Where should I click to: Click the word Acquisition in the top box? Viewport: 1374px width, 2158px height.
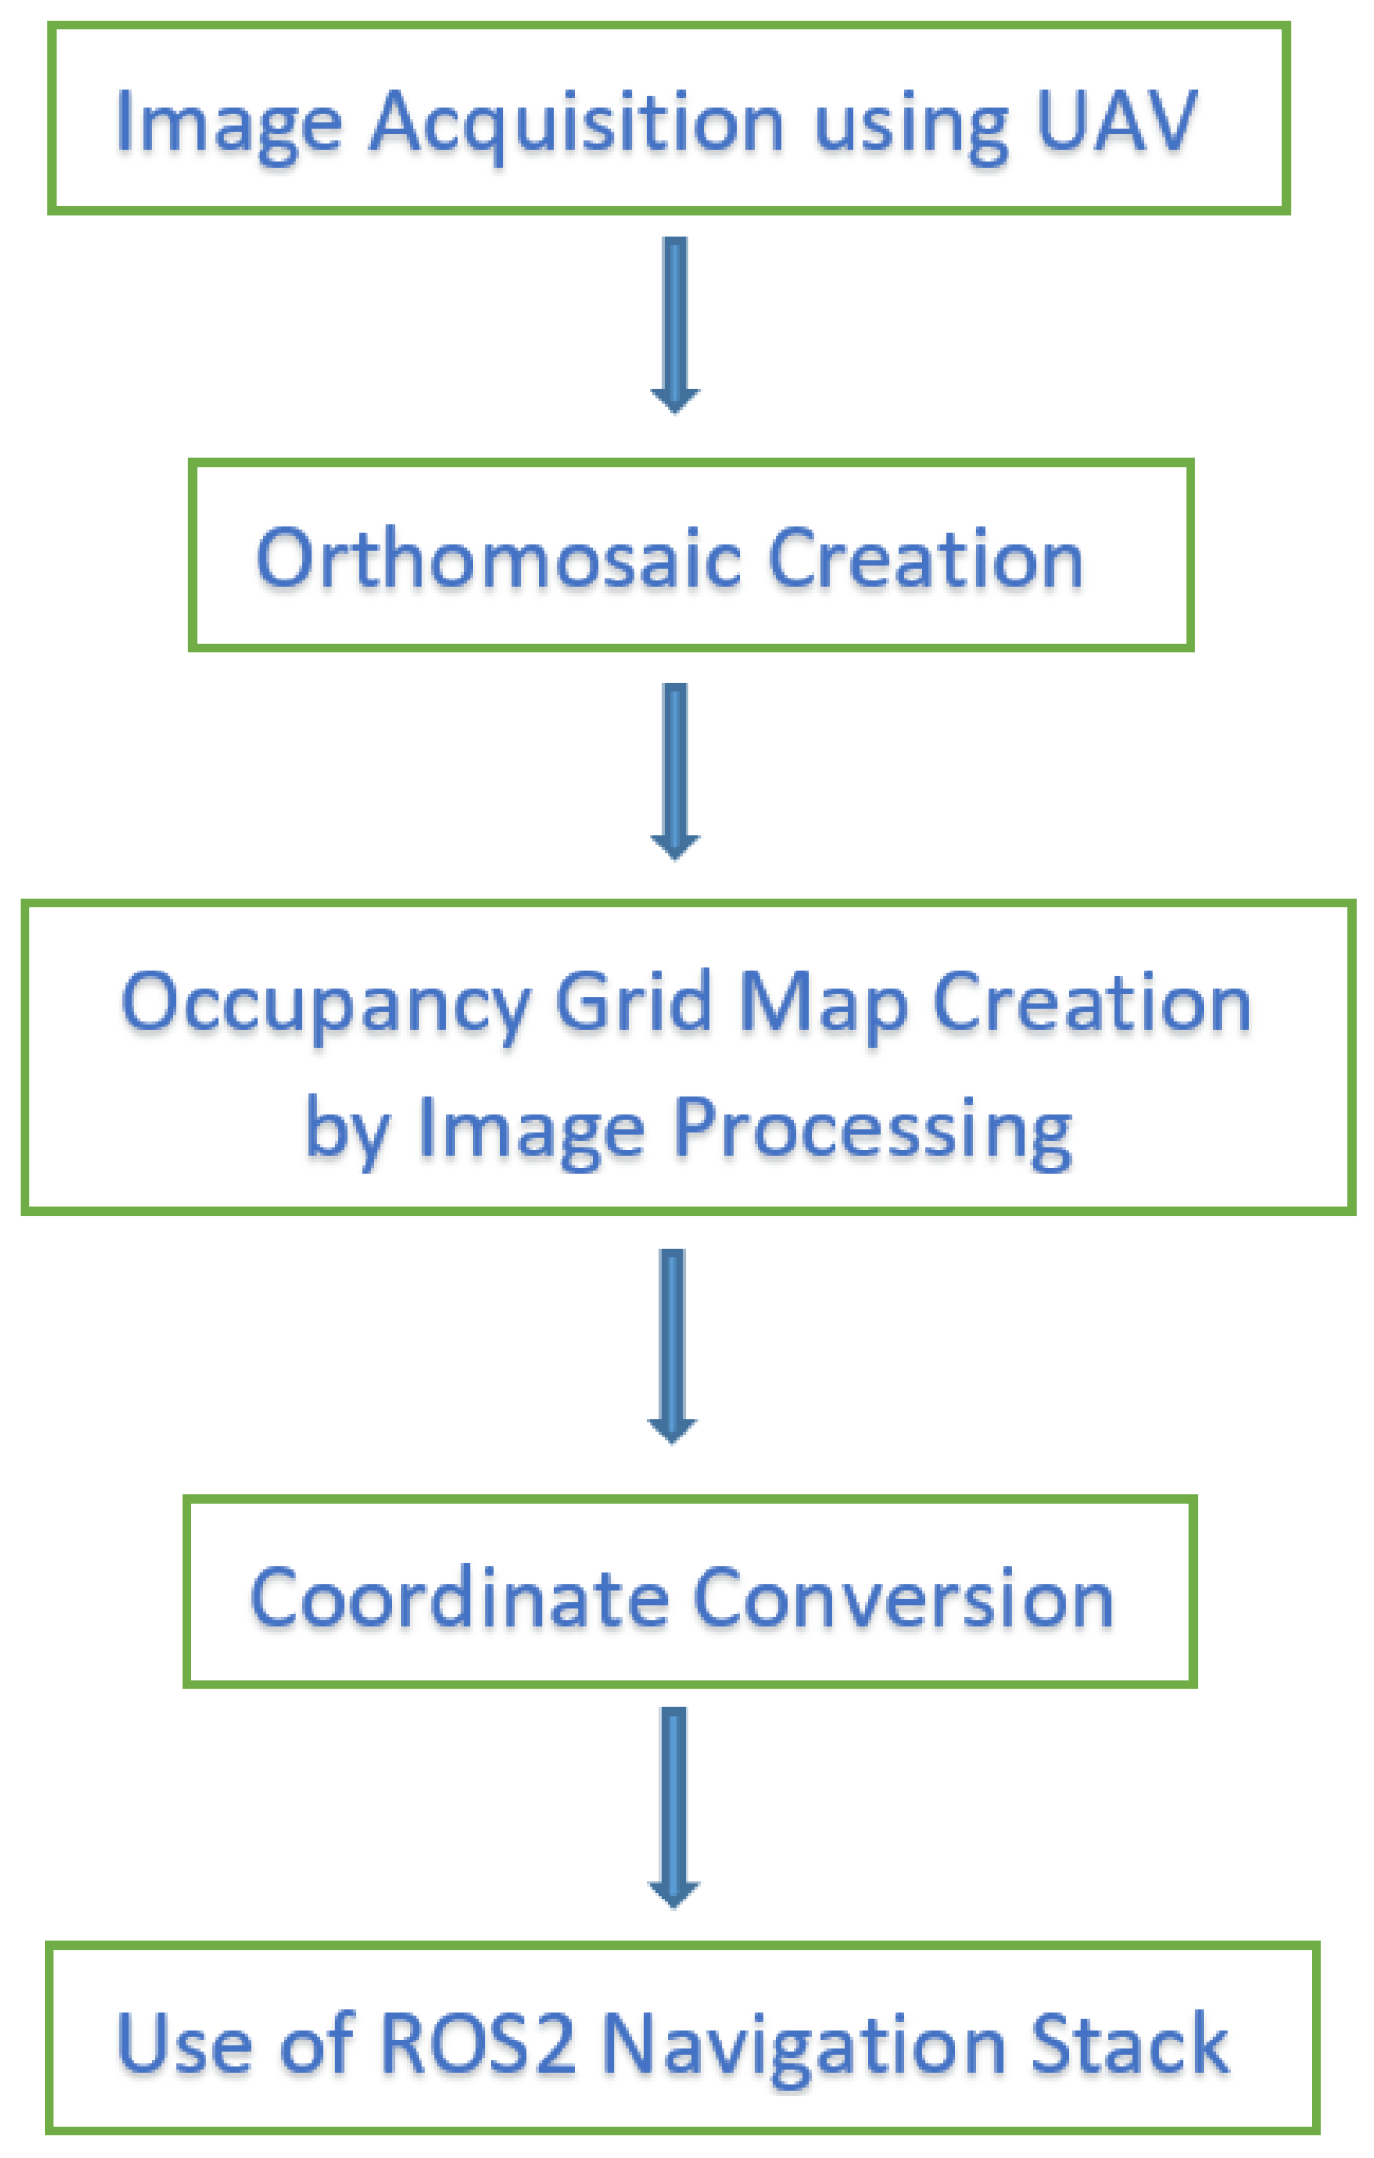[577, 123]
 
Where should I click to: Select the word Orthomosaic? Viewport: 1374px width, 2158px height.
[498, 559]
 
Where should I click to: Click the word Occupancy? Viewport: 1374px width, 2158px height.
[326, 1005]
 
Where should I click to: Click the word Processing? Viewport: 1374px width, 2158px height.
[872, 1131]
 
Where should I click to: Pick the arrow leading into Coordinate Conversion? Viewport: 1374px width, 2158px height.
[672, 1346]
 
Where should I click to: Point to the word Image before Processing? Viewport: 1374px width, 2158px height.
[530, 1131]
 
